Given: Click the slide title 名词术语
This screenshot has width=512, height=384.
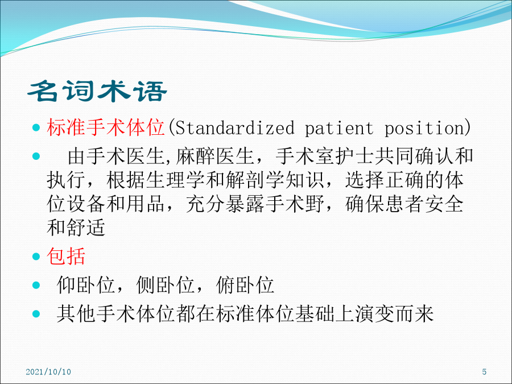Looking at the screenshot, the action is pos(97,92).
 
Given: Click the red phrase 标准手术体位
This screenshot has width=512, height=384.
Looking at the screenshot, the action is pos(105,127).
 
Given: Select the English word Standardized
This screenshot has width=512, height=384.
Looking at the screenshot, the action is pos(235,127).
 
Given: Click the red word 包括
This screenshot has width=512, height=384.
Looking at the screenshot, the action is pos(66,257).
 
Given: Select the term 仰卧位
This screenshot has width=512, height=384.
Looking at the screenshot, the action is pos(85,285).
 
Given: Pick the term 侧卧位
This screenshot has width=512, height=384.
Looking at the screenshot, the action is pos(166,285).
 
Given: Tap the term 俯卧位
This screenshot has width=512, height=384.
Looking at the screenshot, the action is pos(245,285).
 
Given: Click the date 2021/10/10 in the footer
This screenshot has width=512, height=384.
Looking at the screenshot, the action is pos(48,372).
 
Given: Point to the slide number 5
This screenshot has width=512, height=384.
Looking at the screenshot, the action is pos(484,372).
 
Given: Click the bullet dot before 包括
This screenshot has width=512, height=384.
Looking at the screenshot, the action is pos(36,257).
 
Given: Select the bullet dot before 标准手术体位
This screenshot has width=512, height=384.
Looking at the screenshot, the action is pos(36,127).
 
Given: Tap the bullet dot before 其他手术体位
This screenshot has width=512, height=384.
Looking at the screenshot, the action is pos(36,314).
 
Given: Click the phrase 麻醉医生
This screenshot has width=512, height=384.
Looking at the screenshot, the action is pos(215,156).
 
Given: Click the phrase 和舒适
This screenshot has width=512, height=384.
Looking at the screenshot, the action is pos(76,228).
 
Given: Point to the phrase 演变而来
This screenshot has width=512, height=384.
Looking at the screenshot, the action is pos(394,314).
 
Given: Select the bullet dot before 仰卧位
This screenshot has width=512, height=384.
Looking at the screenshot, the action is pos(36,286).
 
